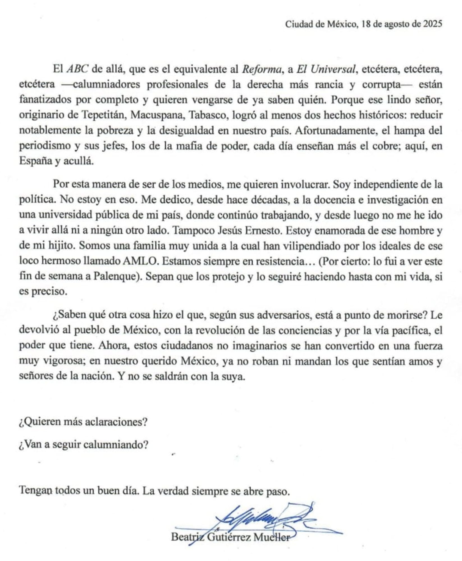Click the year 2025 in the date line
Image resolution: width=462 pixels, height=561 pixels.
coord(433,24)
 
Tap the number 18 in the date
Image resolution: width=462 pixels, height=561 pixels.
coord(367,24)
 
